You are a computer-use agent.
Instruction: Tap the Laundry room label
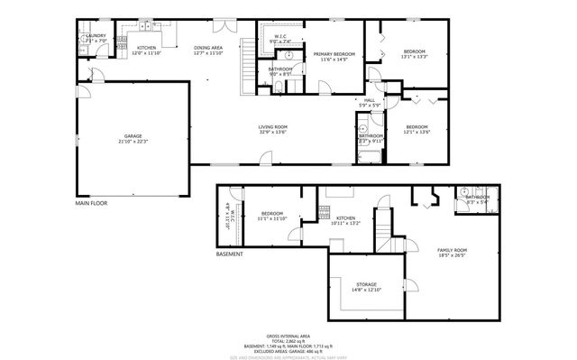tap(96, 38)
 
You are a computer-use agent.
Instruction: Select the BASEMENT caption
tap(229, 254)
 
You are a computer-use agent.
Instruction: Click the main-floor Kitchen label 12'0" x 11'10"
tap(146, 50)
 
